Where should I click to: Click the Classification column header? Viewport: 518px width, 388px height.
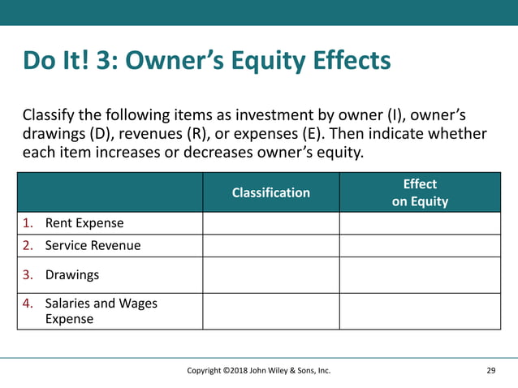(270, 192)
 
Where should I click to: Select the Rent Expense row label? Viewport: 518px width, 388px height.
(84, 223)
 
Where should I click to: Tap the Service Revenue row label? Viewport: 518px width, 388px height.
(93, 245)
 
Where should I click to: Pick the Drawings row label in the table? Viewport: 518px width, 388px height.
(72, 275)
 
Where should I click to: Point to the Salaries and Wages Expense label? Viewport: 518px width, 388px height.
(101, 311)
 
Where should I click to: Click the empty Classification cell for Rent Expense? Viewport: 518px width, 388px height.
(270, 223)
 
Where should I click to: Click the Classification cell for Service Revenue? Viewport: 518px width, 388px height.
(270, 245)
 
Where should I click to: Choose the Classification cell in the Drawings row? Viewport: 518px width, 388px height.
(270, 275)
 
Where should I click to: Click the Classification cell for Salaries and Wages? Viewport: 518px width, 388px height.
(270, 311)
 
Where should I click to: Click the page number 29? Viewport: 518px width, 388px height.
(490, 371)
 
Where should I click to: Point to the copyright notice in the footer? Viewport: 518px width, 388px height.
(258, 371)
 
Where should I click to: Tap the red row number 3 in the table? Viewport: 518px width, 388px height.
(27, 275)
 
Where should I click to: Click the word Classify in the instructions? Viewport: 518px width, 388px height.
(49, 114)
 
